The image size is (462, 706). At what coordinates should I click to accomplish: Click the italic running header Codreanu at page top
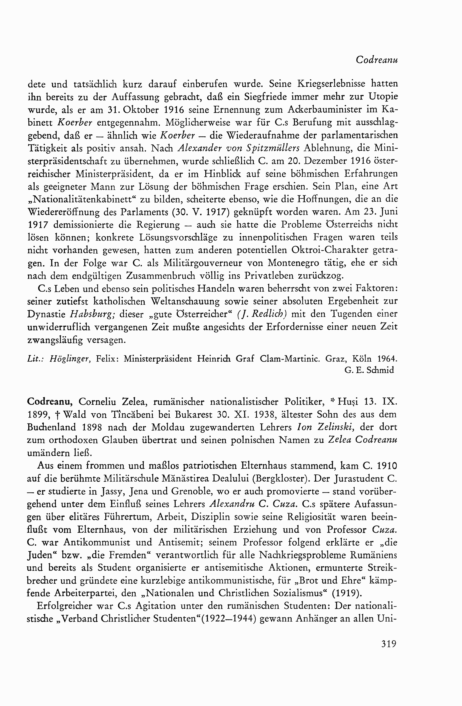[x=377, y=60]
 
